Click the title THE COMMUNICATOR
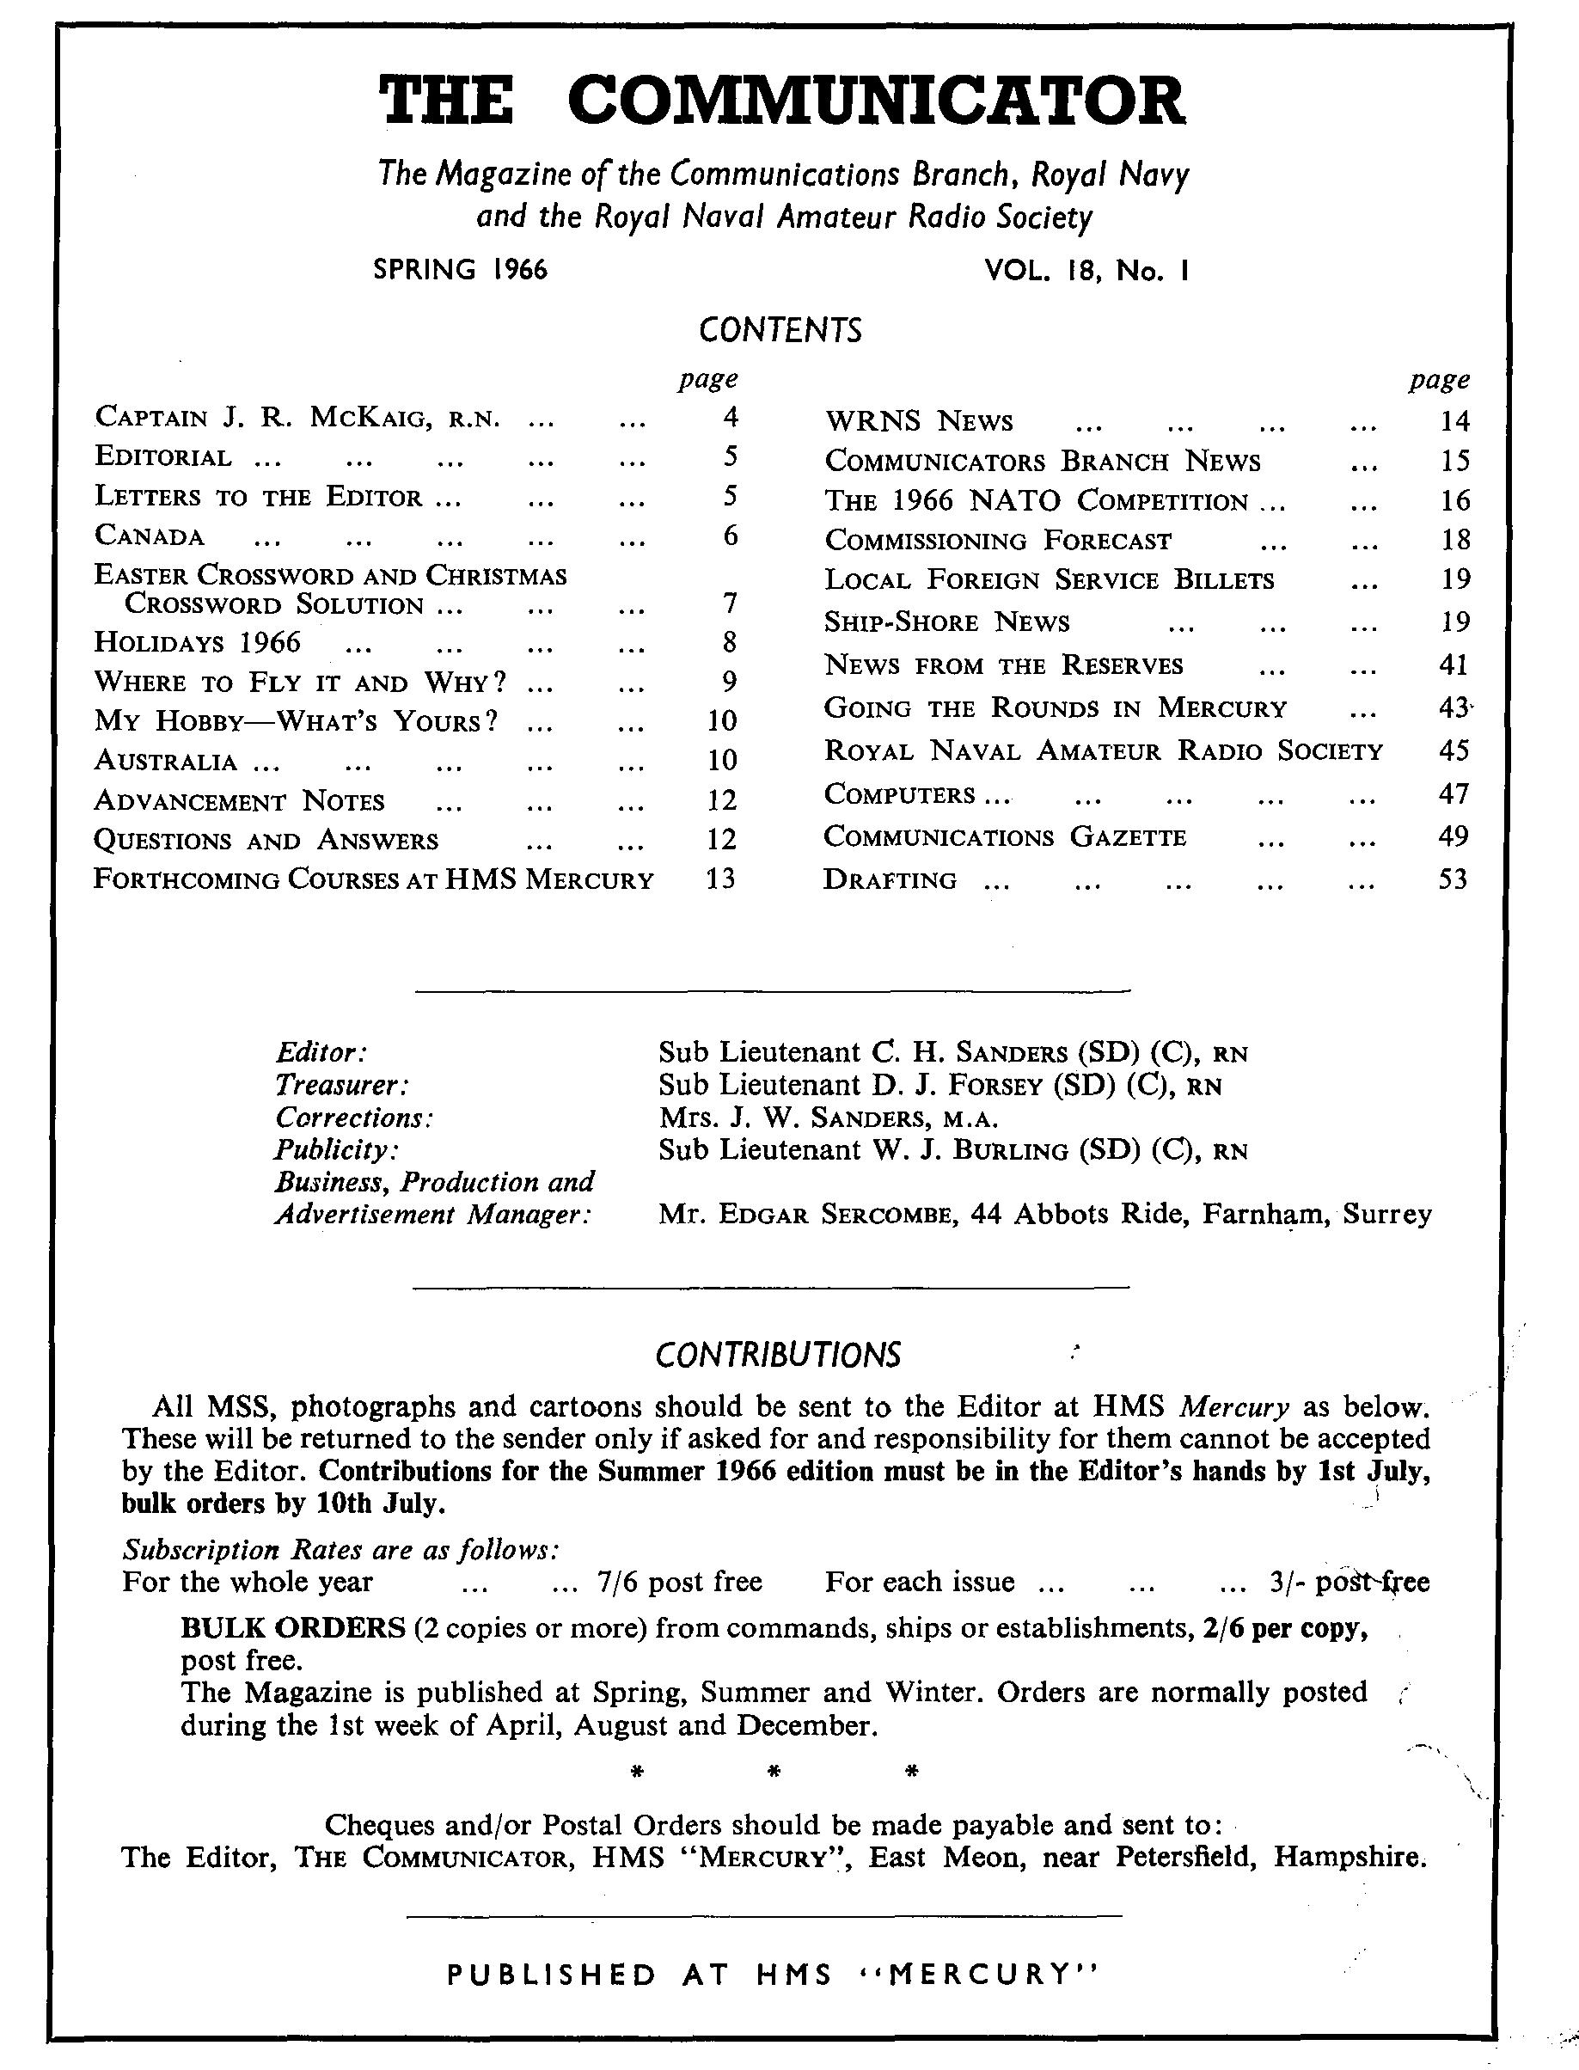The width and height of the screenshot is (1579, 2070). pyautogui.click(x=782, y=101)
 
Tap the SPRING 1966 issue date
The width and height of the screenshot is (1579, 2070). pyautogui.click(x=461, y=271)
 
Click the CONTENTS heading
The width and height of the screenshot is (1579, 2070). pyautogui.click(x=780, y=331)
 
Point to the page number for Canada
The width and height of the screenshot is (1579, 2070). pyautogui.click(x=731, y=536)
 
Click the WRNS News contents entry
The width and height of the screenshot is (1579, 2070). pyautogui.click(x=919, y=422)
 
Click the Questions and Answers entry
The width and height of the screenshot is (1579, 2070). pyautogui.click(x=266, y=841)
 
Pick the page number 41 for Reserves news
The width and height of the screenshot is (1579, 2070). pyautogui.click(x=1453, y=665)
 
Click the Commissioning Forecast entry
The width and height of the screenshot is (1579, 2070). pyautogui.click(x=998, y=541)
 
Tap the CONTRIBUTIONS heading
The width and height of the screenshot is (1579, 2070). pyautogui.click(x=778, y=1356)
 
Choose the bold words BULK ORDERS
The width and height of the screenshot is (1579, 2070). pyautogui.click(x=292, y=1627)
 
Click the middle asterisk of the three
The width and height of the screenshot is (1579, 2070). pyautogui.click(x=775, y=1773)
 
